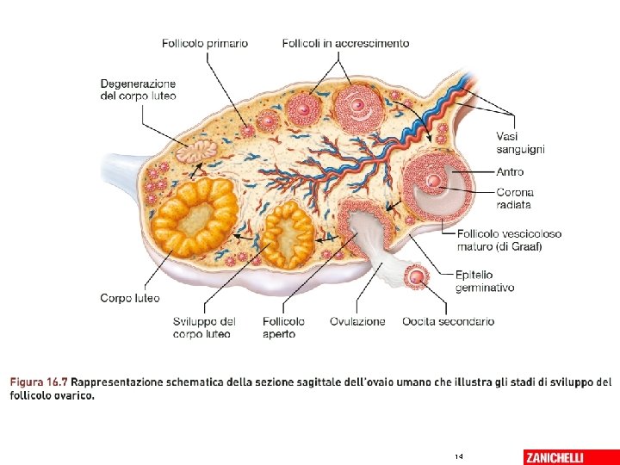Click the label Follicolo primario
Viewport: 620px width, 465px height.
point(205,43)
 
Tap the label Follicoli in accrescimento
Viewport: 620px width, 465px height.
point(345,43)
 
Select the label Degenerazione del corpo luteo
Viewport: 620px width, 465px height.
point(138,90)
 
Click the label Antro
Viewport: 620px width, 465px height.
point(510,171)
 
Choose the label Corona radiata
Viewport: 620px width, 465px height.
point(515,199)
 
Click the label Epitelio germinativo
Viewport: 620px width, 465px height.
point(485,281)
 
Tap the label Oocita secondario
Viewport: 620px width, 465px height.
point(448,321)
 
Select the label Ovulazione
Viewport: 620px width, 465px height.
point(357,321)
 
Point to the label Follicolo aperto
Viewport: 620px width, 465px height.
point(284,327)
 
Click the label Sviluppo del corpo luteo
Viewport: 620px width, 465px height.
point(204,327)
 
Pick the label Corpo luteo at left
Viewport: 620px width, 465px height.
point(130,298)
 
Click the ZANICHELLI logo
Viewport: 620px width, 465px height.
point(565,456)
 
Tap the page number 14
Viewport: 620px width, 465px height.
point(458,456)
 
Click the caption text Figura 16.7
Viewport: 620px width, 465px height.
point(39,381)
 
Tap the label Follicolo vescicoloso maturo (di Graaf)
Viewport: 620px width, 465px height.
point(509,239)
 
